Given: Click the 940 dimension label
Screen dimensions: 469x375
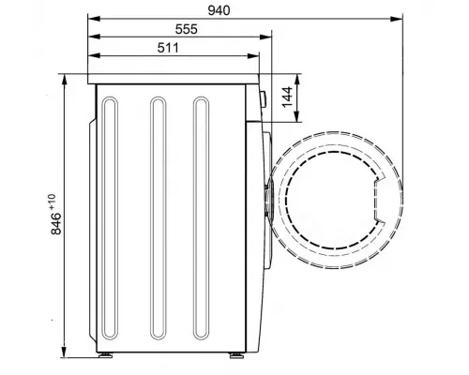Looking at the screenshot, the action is click(x=219, y=10).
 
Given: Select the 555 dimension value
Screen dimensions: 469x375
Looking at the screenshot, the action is click(x=187, y=29).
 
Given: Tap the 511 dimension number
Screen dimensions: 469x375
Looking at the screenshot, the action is click(x=168, y=48).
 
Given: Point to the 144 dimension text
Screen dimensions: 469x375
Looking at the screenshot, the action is click(x=287, y=97).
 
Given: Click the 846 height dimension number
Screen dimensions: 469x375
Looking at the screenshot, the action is click(x=56, y=223).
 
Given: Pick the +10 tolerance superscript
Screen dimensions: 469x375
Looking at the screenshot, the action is click(x=52, y=202).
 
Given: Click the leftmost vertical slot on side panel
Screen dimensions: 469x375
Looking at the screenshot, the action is click(x=110, y=218).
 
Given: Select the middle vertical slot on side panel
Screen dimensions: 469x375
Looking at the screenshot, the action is click(x=159, y=218).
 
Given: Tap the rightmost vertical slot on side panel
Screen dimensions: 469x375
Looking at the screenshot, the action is click(x=201, y=218).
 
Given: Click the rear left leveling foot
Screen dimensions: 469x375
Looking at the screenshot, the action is click(x=105, y=355).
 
